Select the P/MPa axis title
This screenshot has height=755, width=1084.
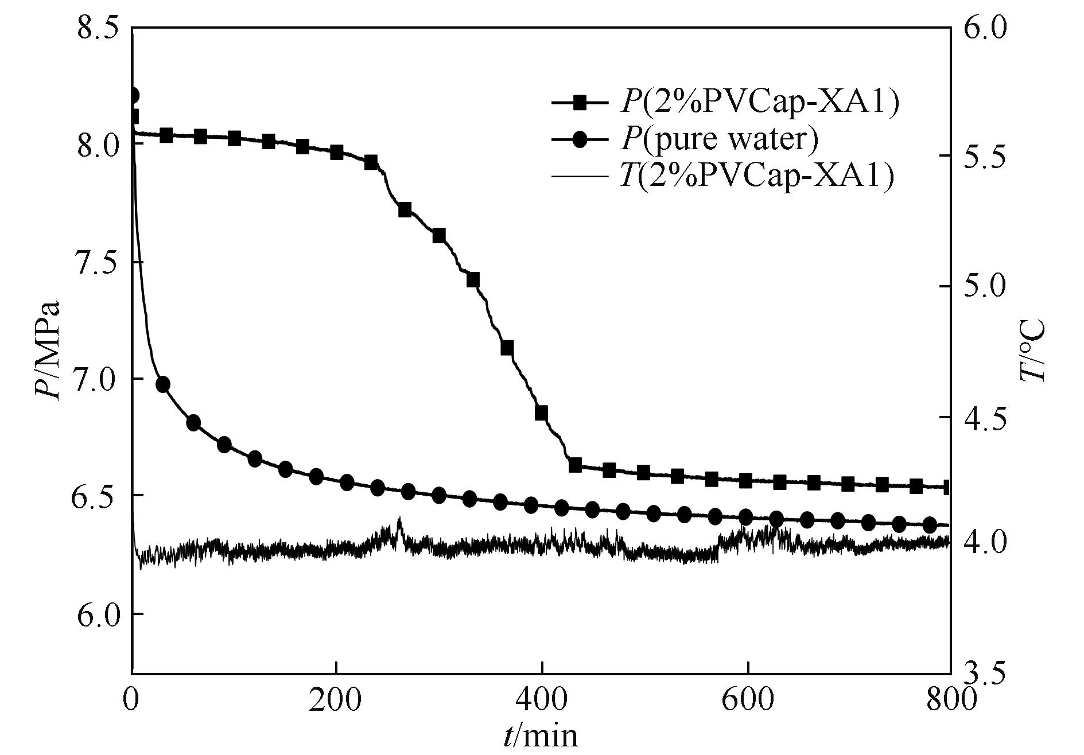tap(48, 350)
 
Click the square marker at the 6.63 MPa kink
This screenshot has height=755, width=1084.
tap(575, 465)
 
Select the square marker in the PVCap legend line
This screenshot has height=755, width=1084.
tap(580, 103)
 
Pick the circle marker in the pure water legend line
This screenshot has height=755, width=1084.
tap(580, 139)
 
